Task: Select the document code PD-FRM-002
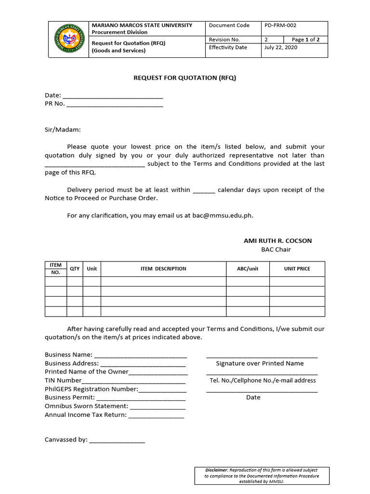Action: [281, 26]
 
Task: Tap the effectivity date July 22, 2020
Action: [281, 47]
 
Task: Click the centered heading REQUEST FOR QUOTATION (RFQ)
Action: [185, 78]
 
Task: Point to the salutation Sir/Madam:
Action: [63, 129]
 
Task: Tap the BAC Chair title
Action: [276, 249]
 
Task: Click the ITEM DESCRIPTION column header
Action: [163, 269]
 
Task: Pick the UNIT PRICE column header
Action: [297, 269]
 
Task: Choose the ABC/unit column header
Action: [248, 269]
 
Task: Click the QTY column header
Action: [75, 269]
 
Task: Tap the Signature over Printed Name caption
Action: [260, 363]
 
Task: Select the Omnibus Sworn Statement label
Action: [87, 406]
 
